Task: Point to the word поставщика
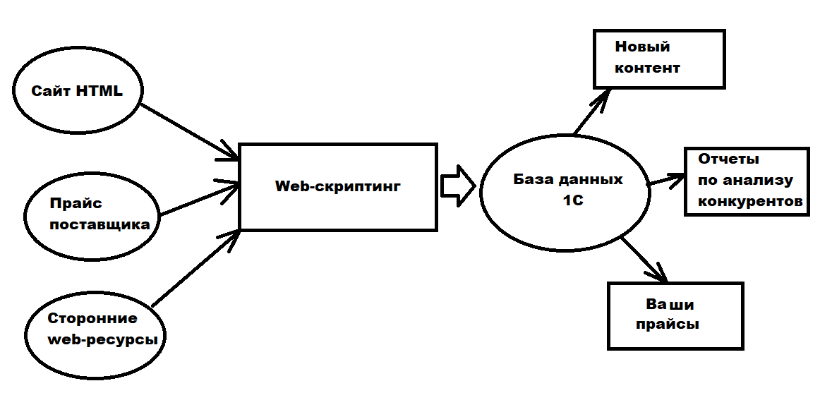(100, 225)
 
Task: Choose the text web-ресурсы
(102, 339)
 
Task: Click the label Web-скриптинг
(337, 186)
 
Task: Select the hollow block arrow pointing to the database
(457, 186)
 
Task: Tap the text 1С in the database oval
(572, 200)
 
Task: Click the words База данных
(568, 179)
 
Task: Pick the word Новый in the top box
(642, 47)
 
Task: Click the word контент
(647, 68)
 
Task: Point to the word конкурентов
(750, 201)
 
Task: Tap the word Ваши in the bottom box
(670, 305)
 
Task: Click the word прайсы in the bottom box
(668, 325)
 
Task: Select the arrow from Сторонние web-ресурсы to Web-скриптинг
(195, 268)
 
